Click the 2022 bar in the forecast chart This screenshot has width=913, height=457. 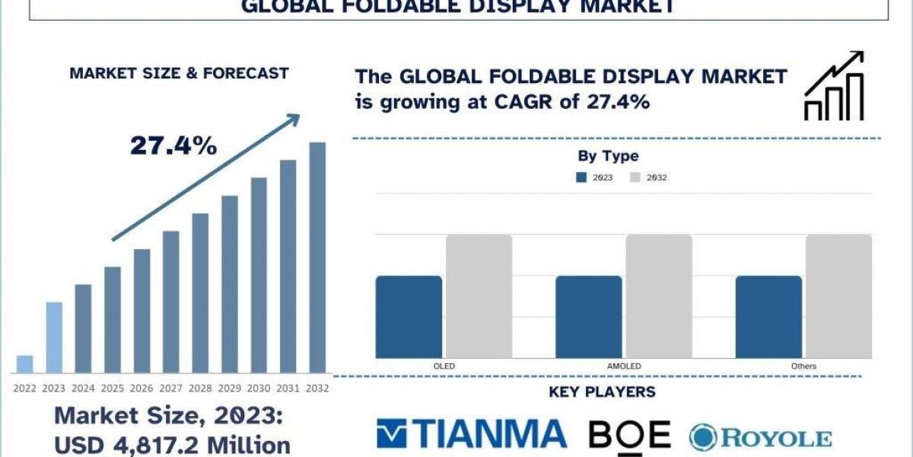[x=25, y=364]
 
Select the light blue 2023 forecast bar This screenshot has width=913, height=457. [x=54, y=337]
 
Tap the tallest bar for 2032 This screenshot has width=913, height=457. [x=317, y=257]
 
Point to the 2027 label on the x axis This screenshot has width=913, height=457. [x=171, y=388]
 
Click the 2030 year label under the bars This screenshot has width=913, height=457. [x=259, y=388]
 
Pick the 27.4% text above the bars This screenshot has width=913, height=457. [x=173, y=145]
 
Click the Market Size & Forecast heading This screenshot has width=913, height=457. [x=179, y=73]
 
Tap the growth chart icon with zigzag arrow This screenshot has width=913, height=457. [x=835, y=86]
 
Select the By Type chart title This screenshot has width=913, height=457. [x=608, y=156]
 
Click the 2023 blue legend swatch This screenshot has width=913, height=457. [x=582, y=177]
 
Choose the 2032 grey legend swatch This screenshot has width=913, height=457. [x=636, y=177]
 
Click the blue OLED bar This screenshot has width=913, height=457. [x=409, y=316]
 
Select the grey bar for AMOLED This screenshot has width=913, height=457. [x=659, y=296]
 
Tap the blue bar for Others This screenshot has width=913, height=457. [x=768, y=316]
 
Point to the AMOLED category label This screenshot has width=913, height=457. [x=624, y=366]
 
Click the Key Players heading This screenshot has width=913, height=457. [x=602, y=392]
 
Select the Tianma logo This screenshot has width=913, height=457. [x=472, y=434]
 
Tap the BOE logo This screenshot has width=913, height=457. [x=629, y=434]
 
